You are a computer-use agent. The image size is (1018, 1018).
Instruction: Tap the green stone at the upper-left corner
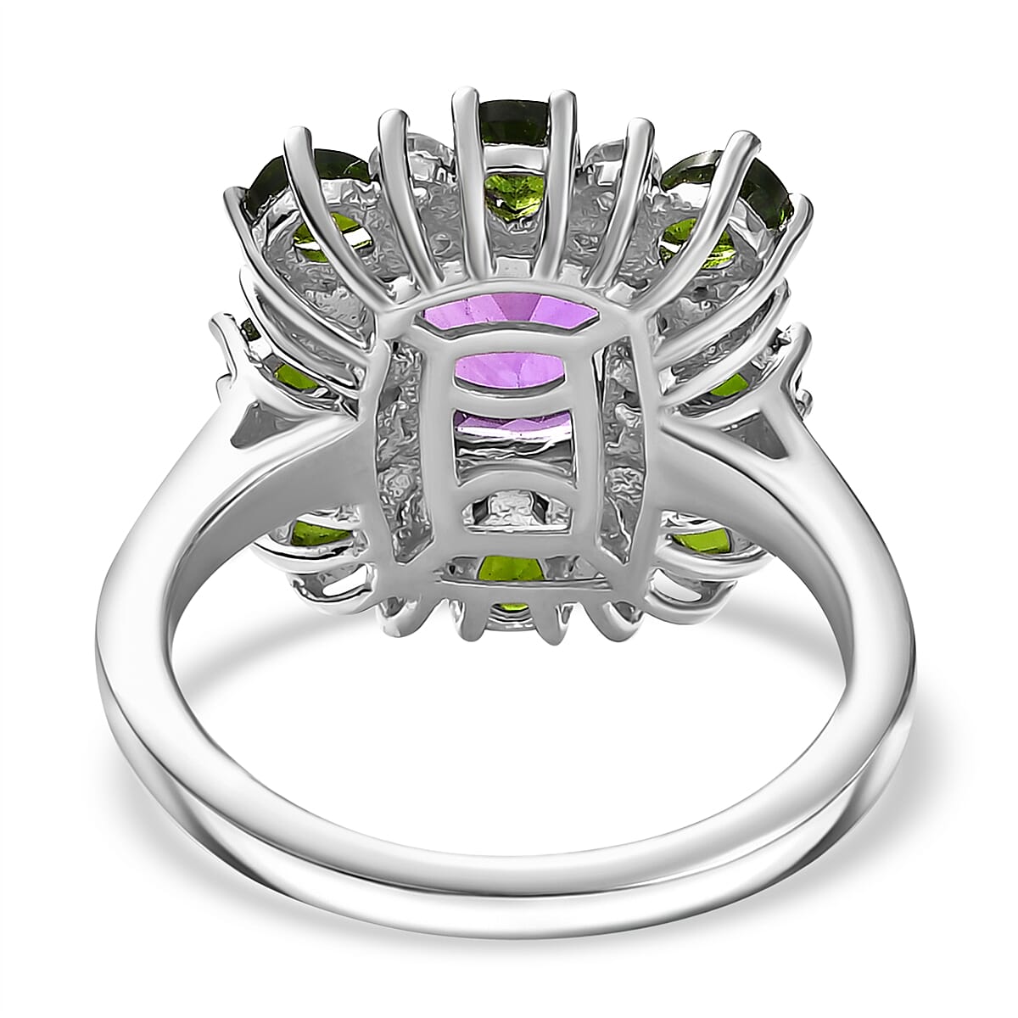[293, 182]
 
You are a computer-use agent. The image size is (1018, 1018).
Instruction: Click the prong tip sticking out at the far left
[222, 327]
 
